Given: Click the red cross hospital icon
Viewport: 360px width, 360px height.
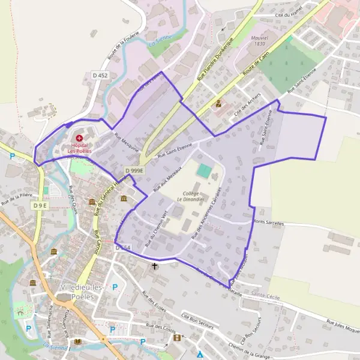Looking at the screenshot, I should [79, 138].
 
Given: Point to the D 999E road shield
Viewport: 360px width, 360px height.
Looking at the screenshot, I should [135, 171].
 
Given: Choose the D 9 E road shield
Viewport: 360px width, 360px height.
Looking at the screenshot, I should [40, 206].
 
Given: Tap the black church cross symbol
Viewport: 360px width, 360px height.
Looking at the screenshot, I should [154, 265].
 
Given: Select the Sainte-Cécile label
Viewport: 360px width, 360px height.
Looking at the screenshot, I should [266, 295].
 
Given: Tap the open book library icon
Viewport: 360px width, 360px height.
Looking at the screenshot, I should [77, 341].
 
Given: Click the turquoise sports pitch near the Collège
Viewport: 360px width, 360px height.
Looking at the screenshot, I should [204, 171].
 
